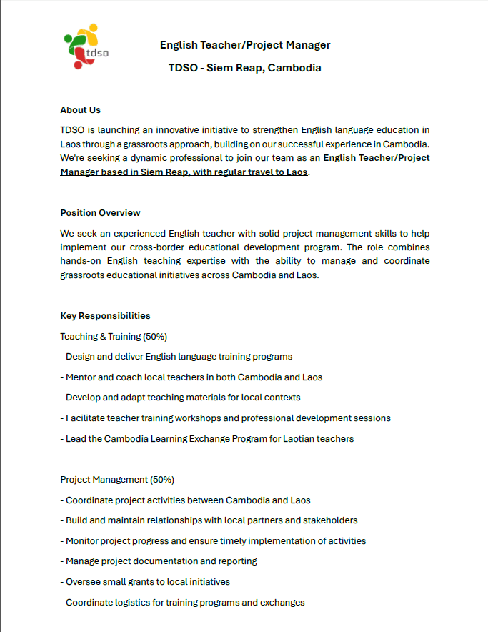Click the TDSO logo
coord(86,47)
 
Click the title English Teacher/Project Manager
coord(245,45)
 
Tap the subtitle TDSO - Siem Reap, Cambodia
coord(245,68)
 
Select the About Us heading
coord(80,110)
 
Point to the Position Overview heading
coord(100,213)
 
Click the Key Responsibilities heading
coord(105,316)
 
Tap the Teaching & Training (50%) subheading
coord(114,336)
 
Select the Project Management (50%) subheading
coord(117,480)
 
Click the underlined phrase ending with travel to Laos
coord(184,172)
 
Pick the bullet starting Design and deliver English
coord(176,357)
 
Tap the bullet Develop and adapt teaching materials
coord(180,398)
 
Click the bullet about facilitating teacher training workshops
coord(225,418)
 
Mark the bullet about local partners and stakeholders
coord(209,520)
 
